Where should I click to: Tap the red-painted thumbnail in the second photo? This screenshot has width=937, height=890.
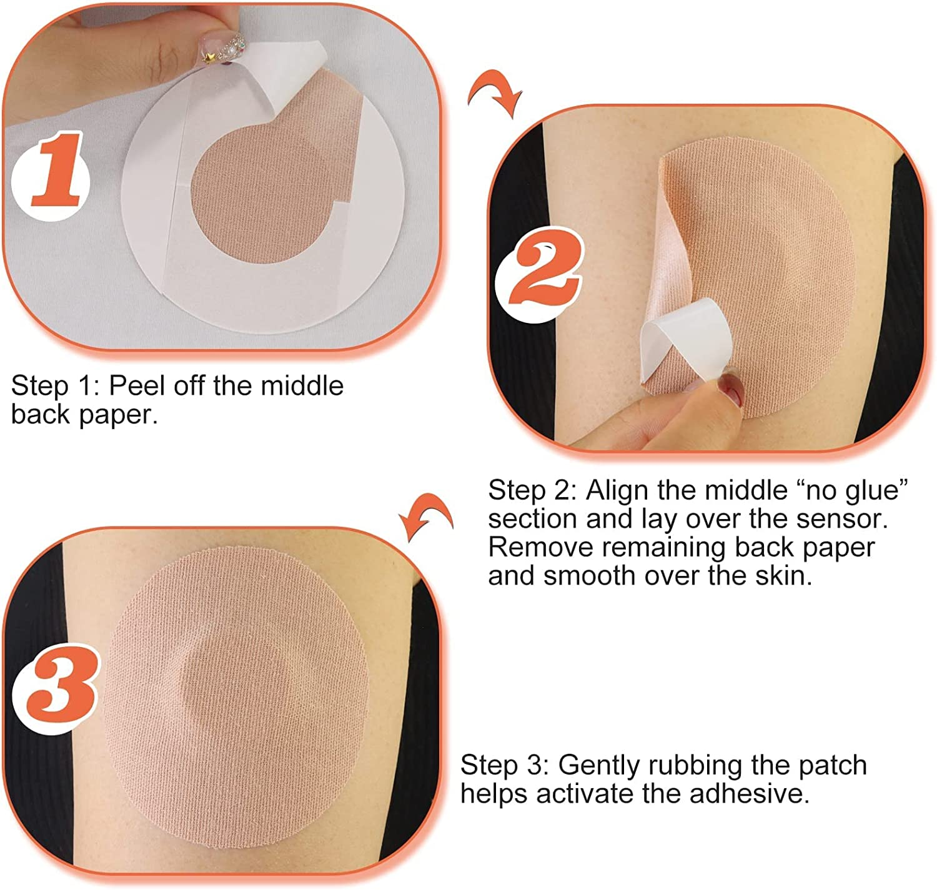pyautogui.click(x=729, y=389)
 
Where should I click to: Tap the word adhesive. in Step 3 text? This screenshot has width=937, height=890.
pyautogui.click(x=749, y=794)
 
